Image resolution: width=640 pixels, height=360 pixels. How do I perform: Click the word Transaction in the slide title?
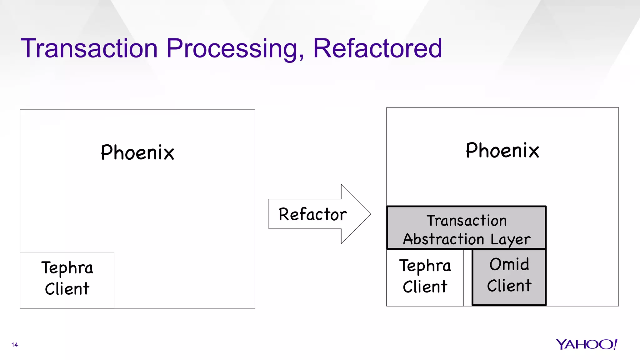[x=89, y=48]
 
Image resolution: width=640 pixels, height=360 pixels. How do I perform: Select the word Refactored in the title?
[x=377, y=48]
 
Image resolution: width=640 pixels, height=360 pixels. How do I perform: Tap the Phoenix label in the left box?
[x=137, y=152]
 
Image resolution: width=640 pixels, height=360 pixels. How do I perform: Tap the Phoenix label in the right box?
[x=502, y=150]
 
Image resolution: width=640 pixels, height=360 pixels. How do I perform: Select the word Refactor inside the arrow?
[x=312, y=214]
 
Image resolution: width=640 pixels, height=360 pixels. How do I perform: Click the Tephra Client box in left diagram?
[x=67, y=280]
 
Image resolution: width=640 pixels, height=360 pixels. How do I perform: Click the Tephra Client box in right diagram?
[x=425, y=278]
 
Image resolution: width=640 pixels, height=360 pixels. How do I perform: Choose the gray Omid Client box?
[x=509, y=277]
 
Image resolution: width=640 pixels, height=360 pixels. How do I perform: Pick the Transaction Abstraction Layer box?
[x=466, y=228]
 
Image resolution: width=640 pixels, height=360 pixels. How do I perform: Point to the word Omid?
[x=509, y=264]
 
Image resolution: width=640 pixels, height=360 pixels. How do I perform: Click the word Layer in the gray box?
[x=510, y=239]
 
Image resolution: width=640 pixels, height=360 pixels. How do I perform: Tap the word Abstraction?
[x=443, y=239]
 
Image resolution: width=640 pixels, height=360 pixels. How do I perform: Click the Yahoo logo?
[x=586, y=344]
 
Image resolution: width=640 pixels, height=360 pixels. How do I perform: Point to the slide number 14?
[x=14, y=345]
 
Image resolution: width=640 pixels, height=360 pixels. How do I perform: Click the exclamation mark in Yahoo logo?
[x=615, y=344]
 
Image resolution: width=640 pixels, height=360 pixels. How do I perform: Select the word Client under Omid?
[x=509, y=286]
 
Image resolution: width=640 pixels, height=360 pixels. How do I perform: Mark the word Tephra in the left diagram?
[x=67, y=268]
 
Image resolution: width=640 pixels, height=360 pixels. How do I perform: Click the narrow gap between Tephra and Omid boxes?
[x=468, y=278]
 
